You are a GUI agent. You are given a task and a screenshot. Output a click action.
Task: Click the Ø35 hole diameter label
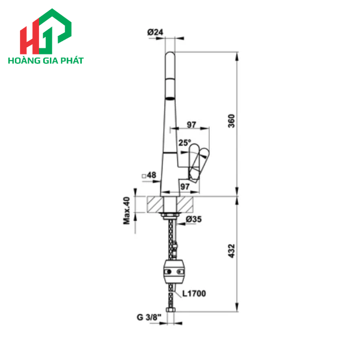click(193, 219)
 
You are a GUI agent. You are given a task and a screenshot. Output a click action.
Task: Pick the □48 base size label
click(149, 175)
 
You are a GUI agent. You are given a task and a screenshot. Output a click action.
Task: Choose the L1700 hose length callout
click(193, 294)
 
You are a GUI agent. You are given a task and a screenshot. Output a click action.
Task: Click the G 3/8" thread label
click(149, 317)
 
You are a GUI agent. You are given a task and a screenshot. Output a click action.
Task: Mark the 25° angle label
click(185, 142)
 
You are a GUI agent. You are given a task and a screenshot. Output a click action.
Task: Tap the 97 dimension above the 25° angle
click(191, 124)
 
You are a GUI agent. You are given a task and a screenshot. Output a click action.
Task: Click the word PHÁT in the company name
click(72, 61)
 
